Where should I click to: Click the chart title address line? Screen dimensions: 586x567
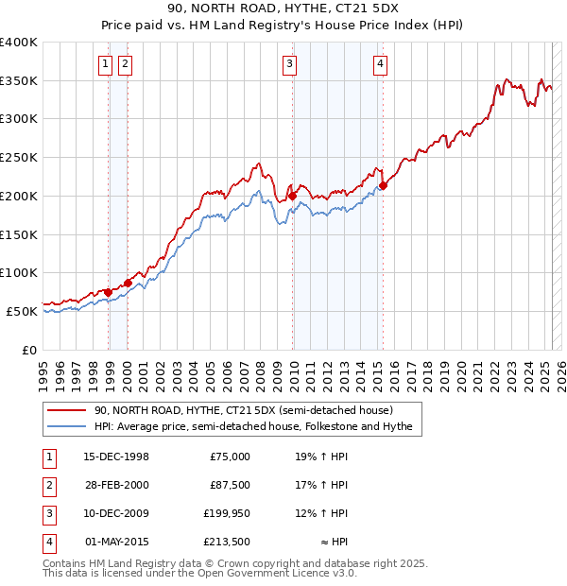coord(283,9)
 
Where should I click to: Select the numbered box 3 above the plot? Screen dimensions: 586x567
coord(288,64)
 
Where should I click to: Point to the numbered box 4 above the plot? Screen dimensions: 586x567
coord(379,64)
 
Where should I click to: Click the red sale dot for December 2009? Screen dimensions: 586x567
coord(293,196)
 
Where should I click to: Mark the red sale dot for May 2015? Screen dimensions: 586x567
coord(384,185)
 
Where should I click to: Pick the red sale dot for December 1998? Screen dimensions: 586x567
coord(109,292)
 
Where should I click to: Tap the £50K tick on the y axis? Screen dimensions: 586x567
coord(23,311)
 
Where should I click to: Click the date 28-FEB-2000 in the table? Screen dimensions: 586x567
coord(116,485)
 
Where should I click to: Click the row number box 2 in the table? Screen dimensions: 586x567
coord(48,485)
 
